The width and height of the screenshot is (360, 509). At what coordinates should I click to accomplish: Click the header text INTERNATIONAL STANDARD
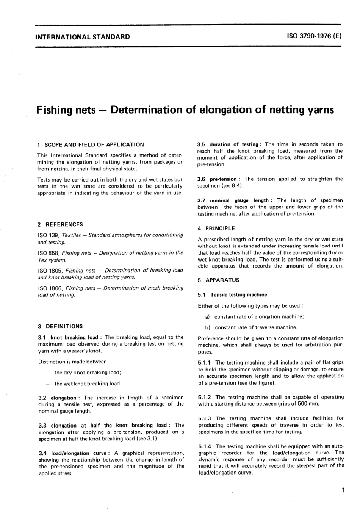[x=82, y=37]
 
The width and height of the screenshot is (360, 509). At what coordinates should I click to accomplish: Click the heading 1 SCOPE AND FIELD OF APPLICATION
[x=91, y=144]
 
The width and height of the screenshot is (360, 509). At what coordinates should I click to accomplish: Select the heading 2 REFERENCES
[x=60, y=224]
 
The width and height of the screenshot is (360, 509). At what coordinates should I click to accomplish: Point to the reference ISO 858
[x=49, y=253]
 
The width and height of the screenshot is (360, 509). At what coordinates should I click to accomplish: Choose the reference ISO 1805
[x=50, y=270]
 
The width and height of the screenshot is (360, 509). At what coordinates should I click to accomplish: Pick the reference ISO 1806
[x=50, y=288]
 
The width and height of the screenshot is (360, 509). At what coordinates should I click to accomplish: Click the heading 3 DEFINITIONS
[x=60, y=326]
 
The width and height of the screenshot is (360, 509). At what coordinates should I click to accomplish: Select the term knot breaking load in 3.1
[x=74, y=337]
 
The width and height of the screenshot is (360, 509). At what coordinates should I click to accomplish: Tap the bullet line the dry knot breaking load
[x=88, y=373]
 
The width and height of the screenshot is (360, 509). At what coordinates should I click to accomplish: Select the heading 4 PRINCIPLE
[x=216, y=229]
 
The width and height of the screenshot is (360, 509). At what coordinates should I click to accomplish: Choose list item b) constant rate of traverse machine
[x=251, y=327]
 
